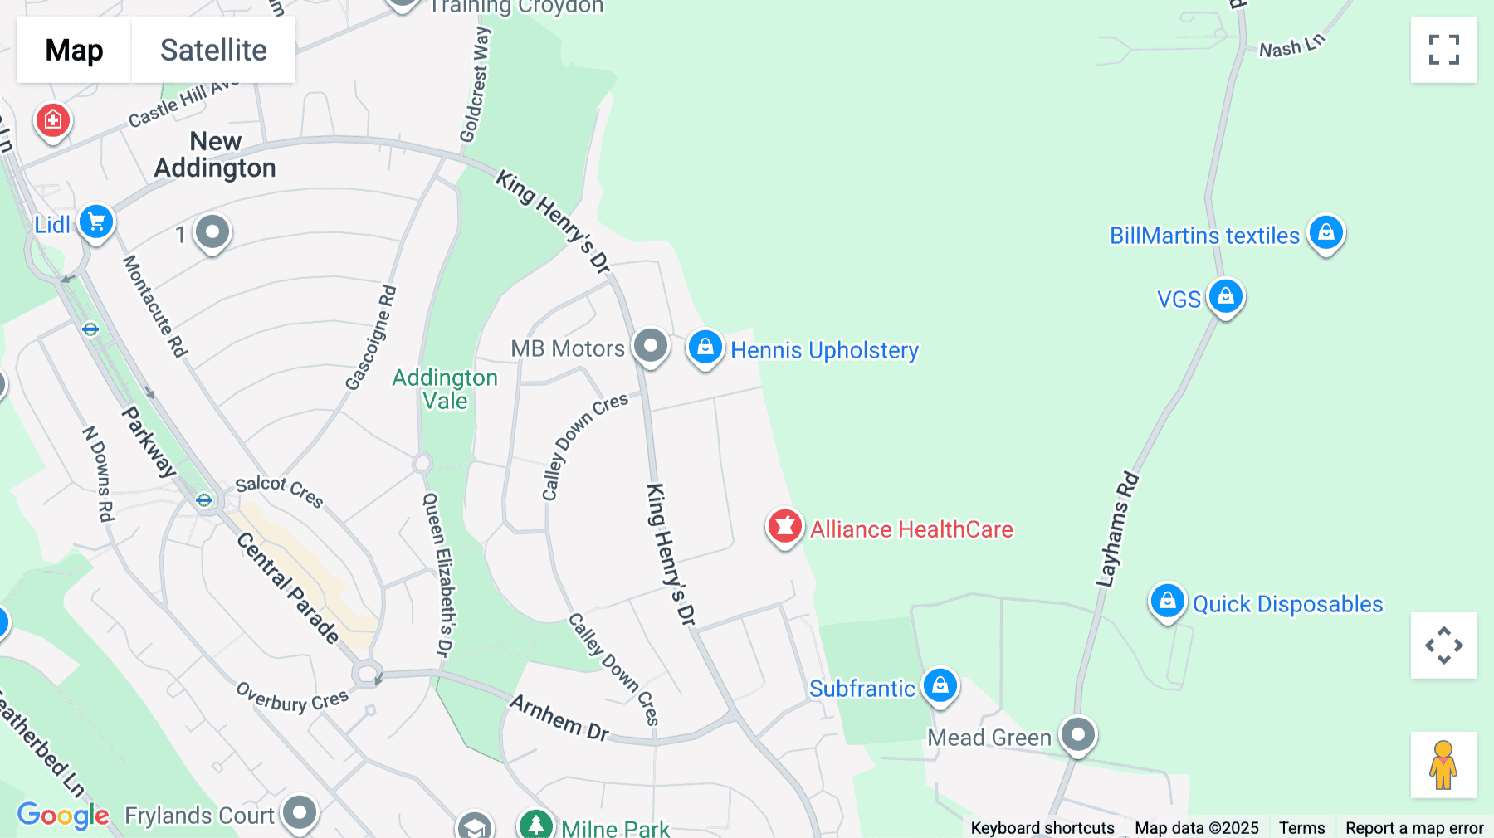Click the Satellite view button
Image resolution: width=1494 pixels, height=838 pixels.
(x=213, y=50)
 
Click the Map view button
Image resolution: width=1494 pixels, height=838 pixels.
(x=74, y=50)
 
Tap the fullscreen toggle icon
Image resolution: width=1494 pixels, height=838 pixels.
(x=1443, y=50)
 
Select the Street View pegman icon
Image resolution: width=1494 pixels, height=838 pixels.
(x=1443, y=765)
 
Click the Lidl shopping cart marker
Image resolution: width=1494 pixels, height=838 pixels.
(x=96, y=222)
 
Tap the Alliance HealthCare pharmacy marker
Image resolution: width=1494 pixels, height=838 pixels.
(x=784, y=527)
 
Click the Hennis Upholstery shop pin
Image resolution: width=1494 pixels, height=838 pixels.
(x=705, y=348)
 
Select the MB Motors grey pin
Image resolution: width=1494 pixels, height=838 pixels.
(x=651, y=345)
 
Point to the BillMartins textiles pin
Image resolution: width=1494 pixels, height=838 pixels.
(x=1326, y=233)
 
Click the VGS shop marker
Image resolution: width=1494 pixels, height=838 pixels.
(x=1225, y=296)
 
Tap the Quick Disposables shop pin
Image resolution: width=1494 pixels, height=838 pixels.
(x=1167, y=601)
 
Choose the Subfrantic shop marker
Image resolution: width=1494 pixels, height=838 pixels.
(x=940, y=686)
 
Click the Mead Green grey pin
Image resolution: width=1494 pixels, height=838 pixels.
(x=1078, y=734)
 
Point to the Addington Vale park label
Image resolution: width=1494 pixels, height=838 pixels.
(x=445, y=389)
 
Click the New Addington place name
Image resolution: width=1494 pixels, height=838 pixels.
(x=215, y=154)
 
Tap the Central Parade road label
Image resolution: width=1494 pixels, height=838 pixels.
(x=288, y=587)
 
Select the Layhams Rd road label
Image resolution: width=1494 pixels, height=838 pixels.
(x=1117, y=529)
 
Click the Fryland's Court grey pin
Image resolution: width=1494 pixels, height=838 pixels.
(x=300, y=812)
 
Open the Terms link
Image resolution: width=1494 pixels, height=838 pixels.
(x=1301, y=827)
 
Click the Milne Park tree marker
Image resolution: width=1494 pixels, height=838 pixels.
(x=536, y=824)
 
